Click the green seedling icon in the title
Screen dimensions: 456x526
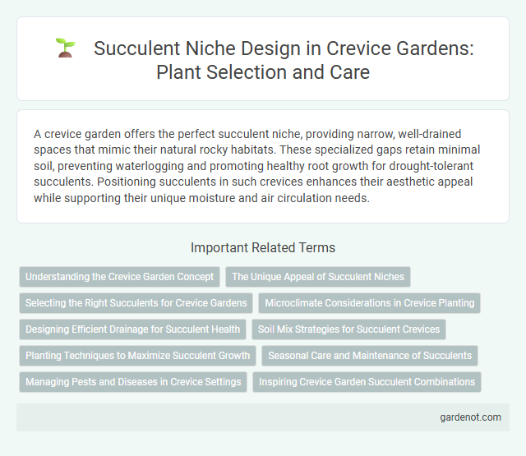tap(65, 48)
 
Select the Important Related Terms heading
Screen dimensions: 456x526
tap(262, 247)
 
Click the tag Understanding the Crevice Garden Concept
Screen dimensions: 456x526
tap(120, 277)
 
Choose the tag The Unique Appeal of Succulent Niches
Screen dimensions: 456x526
tap(318, 277)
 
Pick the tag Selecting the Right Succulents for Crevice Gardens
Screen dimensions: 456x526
tap(136, 303)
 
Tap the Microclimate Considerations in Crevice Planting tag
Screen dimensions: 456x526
tap(369, 303)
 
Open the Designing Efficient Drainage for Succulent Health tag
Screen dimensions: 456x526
tap(133, 329)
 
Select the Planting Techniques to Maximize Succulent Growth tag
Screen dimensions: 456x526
tap(138, 356)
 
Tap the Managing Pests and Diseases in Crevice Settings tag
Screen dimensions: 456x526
tap(133, 382)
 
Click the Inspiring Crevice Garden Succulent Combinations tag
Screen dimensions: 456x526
tap(367, 382)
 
